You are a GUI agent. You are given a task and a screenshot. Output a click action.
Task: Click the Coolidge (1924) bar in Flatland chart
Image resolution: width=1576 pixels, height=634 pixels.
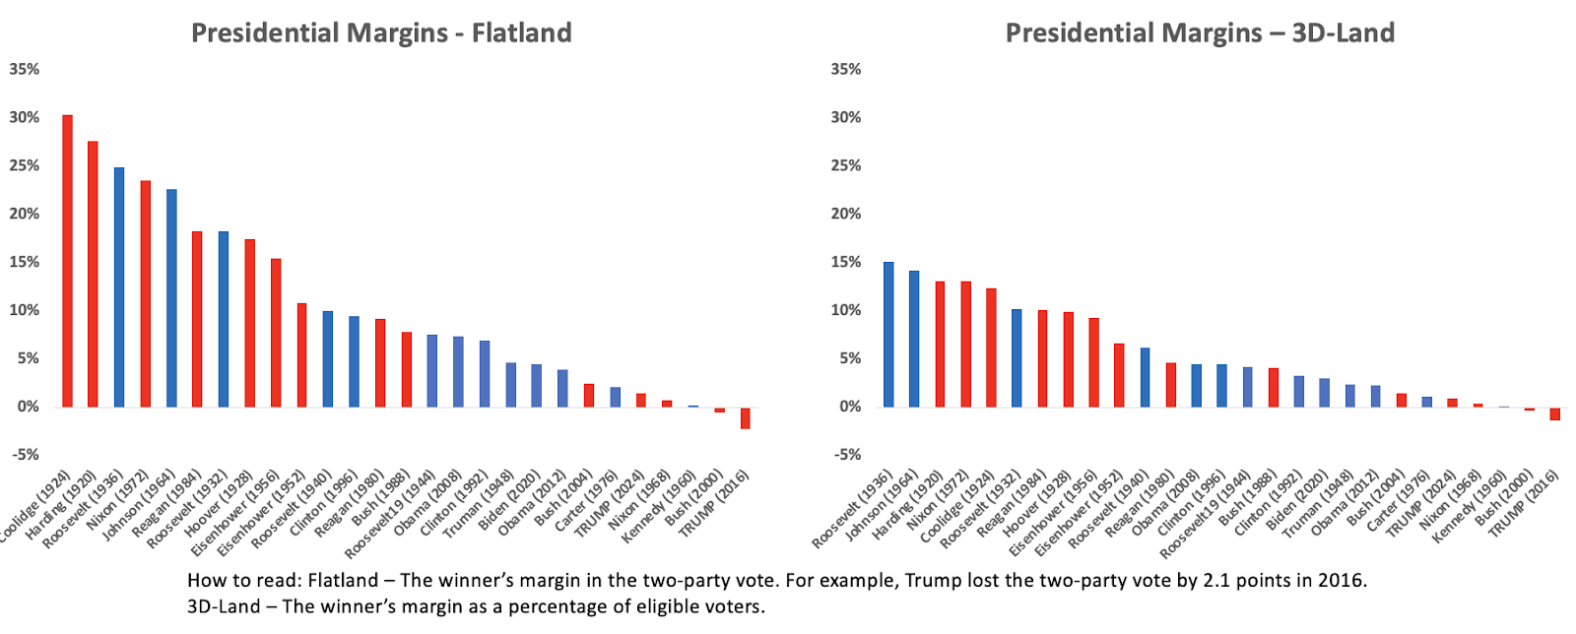pyautogui.click(x=67, y=261)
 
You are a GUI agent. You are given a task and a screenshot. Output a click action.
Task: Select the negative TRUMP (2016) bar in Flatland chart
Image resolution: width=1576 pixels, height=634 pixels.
pyautogui.click(x=746, y=417)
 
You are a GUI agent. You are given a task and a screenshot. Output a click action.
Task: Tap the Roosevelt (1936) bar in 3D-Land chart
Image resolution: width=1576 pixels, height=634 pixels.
pyautogui.click(x=888, y=335)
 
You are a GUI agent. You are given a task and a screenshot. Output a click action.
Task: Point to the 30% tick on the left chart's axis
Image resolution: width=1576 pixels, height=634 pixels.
pyautogui.click(x=24, y=117)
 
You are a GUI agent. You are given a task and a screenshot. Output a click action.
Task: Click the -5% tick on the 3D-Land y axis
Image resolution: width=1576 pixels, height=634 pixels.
pyautogui.click(x=846, y=455)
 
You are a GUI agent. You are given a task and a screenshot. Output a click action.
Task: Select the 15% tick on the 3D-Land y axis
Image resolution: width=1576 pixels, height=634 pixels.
pyautogui.click(x=846, y=262)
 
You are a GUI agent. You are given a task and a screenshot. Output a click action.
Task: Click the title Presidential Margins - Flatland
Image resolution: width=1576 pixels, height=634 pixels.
pyautogui.click(x=381, y=32)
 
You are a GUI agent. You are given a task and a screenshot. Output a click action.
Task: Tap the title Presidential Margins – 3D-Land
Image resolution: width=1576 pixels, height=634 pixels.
pyautogui.click(x=1200, y=32)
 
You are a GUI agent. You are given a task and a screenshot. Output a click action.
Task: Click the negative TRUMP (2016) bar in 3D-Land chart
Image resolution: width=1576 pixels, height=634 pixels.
pyautogui.click(x=1554, y=413)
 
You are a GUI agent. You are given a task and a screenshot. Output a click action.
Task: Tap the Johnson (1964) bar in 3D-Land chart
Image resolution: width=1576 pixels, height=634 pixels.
pyautogui.click(x=914, y=339)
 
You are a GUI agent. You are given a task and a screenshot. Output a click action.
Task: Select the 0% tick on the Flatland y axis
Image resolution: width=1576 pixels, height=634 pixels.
pyautogui.click(x=24, y=407)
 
